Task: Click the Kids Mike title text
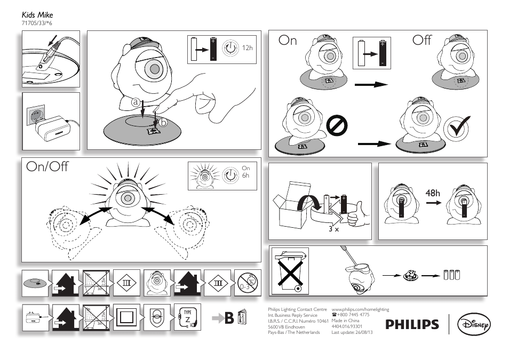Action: [37, 15]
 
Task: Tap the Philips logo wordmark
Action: [412, 324]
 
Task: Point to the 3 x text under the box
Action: [334, 229]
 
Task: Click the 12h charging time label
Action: [246, 49]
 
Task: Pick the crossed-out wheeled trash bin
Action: [291, 271]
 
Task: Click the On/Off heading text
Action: [47, 166]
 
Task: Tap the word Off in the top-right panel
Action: [422, 41]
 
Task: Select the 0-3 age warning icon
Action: [248, 283]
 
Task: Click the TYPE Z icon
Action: [187, 317]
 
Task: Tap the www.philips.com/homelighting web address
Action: [360, 309]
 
